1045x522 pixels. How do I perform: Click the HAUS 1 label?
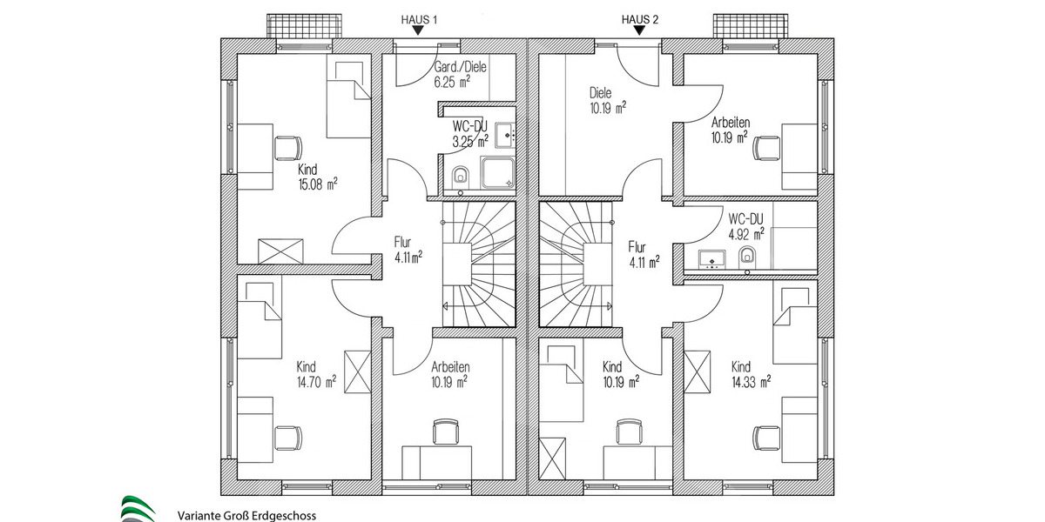coord(419,17)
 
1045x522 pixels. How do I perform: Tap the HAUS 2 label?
coord(640,17)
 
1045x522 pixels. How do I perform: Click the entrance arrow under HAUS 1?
coord(419,30)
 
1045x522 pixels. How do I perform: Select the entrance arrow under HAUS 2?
coord(640,30)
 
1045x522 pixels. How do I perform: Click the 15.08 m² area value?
coord(318,184)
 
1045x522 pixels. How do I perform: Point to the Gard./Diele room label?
coord(460,68)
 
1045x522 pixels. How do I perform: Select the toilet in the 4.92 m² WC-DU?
coord(747,256)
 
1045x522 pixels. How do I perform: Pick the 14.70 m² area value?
coord(316,381)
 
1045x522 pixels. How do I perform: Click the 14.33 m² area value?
coord(752,381)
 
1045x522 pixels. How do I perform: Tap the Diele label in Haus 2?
coord(601,93)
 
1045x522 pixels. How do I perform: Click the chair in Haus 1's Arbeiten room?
coord(445,432)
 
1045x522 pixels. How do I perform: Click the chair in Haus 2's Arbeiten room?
coord(766,147)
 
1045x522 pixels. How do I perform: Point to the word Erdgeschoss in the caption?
coord(282,515)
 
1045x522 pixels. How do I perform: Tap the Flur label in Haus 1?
coord(402,244)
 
